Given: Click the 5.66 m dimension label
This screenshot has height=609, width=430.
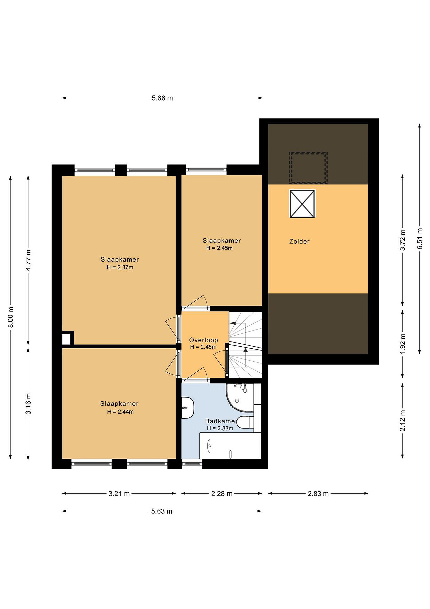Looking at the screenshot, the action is (162, 98).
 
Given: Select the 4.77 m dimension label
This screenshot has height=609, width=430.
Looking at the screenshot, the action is (28, 260).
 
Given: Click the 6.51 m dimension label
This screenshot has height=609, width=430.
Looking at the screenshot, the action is (419, 239).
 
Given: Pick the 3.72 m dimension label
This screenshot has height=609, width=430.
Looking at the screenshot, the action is (403, 240).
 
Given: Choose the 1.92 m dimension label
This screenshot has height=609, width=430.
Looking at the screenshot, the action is (403, 344).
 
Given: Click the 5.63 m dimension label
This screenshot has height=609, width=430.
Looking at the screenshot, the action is (161, 511).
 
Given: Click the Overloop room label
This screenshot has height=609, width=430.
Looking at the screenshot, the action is (203, 340).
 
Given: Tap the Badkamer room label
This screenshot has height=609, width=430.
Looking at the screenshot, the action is (220, 421).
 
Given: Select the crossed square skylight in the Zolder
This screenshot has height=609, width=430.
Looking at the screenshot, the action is (302, 204).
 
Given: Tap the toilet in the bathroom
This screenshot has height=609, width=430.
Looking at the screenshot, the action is (245, 422).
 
